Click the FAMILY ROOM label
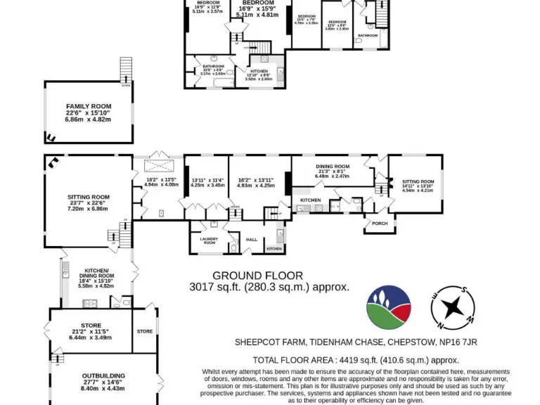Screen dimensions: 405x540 pyautogui.click(x=89, y=106)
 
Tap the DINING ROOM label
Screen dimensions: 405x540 pyautogui.click(x=333, y=166)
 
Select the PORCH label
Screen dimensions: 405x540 pyautogui.click(x=380, y=224)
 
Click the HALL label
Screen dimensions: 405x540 pyautogui.click(x=251, y=240)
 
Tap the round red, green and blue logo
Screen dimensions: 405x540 pyautogui.click(x=388, y=307)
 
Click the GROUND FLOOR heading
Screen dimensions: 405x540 pyautogui.click(x=257, y=276)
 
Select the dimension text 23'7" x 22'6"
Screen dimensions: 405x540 pyautogui.click(x=89, y=203)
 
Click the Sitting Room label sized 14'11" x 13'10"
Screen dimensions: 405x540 pyautogui.click(x=418, y=181)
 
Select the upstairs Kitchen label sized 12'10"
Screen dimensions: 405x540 pyautogui.click(x=259, y=71)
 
